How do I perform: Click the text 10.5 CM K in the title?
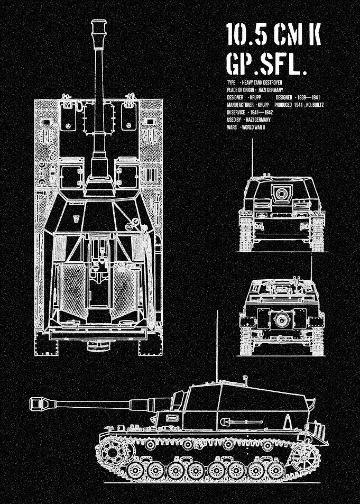(273, 34)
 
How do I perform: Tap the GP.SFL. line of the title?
(266, 63)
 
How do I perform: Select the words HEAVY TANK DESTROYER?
(262, 83)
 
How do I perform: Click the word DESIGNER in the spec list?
(235, 97)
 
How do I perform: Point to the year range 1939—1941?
(309, 97)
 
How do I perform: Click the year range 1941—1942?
(261, 112)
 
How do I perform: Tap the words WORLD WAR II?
(253, 127)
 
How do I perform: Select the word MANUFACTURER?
(240, 105)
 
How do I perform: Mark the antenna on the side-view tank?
(217, 346)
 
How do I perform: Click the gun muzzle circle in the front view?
(282, 193)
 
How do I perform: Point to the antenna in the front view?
(252, 158)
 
